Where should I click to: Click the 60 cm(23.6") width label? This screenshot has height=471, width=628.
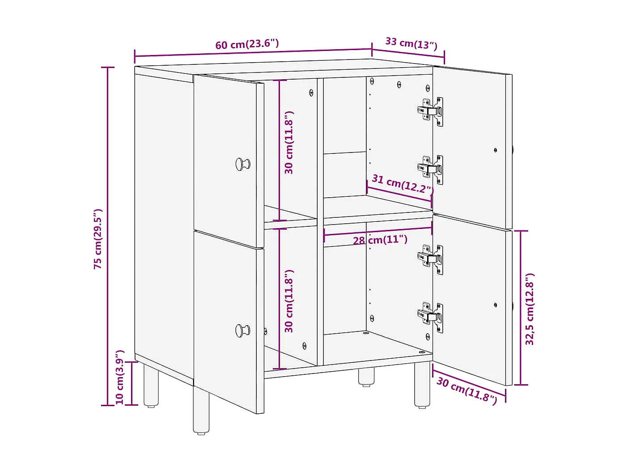247,44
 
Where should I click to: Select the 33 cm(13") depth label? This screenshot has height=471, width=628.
411,43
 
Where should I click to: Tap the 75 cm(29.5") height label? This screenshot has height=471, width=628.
98,239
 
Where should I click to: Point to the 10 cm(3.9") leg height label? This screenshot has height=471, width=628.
120,378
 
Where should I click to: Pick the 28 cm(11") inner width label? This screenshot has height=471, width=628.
380,240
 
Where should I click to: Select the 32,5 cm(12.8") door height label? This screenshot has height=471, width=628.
530,309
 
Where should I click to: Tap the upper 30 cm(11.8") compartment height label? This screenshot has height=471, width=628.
289,142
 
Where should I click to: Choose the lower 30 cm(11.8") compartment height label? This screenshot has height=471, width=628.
289,301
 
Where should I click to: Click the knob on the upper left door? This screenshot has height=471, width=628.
242,164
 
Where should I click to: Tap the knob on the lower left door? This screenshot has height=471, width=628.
242,331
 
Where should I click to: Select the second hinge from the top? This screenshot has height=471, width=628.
431,169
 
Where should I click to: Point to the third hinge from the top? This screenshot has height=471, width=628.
431,259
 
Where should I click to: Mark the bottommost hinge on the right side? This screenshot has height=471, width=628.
431,316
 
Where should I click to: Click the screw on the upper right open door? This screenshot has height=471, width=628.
495,150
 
